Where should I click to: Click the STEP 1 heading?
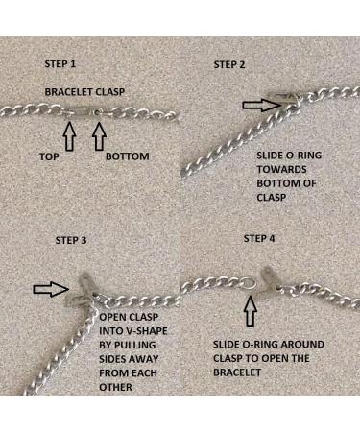pos(60,63)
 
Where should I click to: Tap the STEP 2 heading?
pos(229,64)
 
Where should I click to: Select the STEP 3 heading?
pos(71,240)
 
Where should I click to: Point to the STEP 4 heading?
pos(259,238)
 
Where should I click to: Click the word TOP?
pos(49,156)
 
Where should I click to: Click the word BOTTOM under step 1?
pos(128,156)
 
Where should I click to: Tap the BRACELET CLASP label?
pos(84,92)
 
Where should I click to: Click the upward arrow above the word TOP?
pos(69,136)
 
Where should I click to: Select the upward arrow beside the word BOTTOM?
pos(99,136)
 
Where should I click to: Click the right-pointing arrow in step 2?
pos(260,105)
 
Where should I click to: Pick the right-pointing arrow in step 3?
pos(51,289)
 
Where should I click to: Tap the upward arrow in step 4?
pos(251,311)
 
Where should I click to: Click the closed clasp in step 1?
pos(84,112)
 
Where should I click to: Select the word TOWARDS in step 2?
pos(281,169)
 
